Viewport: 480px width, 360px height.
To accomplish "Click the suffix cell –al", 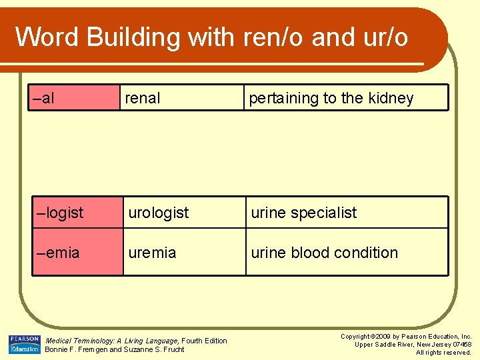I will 44,99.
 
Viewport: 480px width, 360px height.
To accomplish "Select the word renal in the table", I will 143,99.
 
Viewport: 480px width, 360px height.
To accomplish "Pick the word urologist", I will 159,213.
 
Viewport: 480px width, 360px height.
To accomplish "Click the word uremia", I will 153,253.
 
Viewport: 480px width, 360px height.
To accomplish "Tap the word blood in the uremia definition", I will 310,253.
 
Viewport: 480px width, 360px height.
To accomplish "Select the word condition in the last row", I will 365,253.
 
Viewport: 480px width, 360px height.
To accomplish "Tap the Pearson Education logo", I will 24,344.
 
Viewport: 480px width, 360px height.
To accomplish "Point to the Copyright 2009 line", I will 405,337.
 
